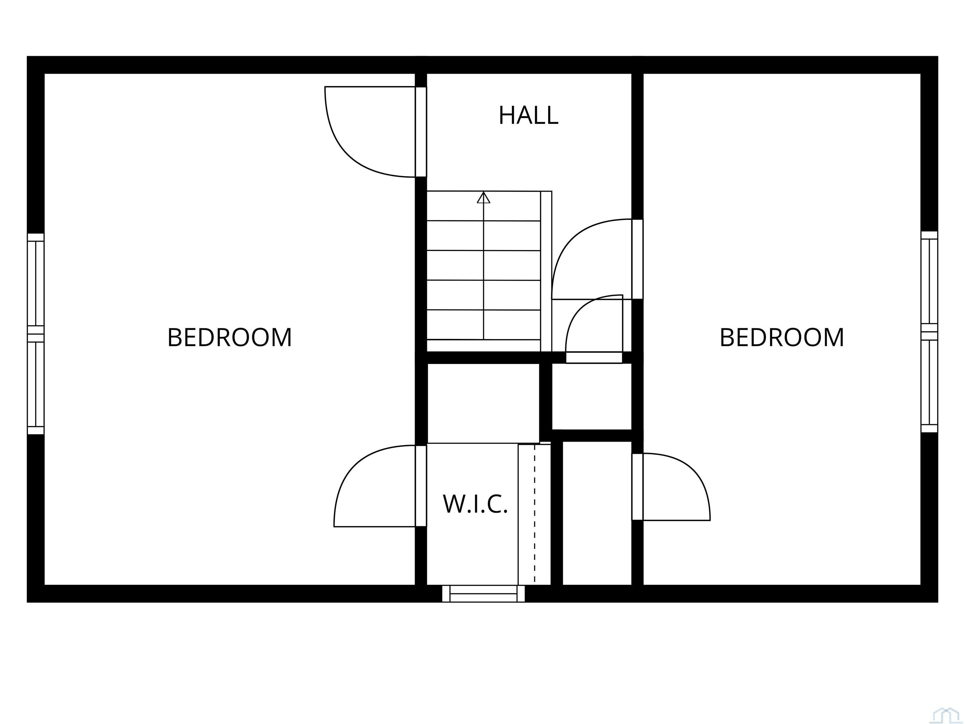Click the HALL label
[x=528, y=115]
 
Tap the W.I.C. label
[x=475, y=504]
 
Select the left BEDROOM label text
[x=230, y=337]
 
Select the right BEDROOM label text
[x=782, y=337]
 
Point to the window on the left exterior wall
[x=36, y=334]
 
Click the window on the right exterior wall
[x=929, y=332]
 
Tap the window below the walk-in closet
[x=483, y=594]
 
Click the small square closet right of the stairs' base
[x=592, y=396]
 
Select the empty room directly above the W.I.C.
[x=483, y=402]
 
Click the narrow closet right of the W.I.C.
[x=597, y=513]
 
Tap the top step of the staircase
[x=483, y=206]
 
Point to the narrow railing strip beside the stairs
[x=546, y=271]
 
